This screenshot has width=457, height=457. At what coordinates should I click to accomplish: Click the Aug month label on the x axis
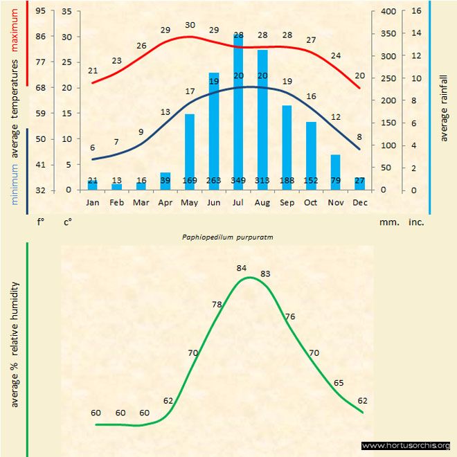(x=262, y=203)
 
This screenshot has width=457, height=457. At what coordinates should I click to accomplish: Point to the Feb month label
(x=117, y=203)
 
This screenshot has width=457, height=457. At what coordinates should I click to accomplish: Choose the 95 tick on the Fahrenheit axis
(x=41, y=11)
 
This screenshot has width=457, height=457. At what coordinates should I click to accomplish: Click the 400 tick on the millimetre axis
(x=388, y=11)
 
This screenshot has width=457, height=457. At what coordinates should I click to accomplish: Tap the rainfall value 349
(x=238, y=181)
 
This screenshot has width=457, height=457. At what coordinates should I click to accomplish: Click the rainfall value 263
(x=214, y=181)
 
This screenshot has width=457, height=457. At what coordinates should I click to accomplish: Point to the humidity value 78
(x=217, y=305)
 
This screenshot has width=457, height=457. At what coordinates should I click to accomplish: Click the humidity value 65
(x=339, y=383)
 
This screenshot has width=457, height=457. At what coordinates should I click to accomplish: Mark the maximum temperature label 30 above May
(x=190, y=25)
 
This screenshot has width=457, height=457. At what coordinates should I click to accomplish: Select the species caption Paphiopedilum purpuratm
(x=228, y=236)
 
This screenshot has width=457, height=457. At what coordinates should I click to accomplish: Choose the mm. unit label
(x=388, y=222)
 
